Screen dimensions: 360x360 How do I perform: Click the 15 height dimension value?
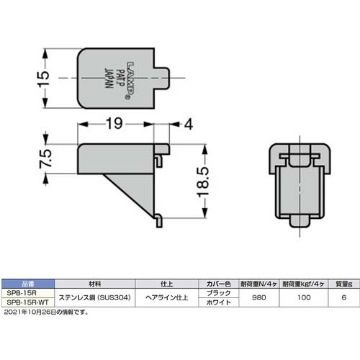coord(42,76)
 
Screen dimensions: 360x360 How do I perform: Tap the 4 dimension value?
coord(188,124)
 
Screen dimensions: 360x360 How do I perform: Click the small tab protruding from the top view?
coord(165,77)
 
